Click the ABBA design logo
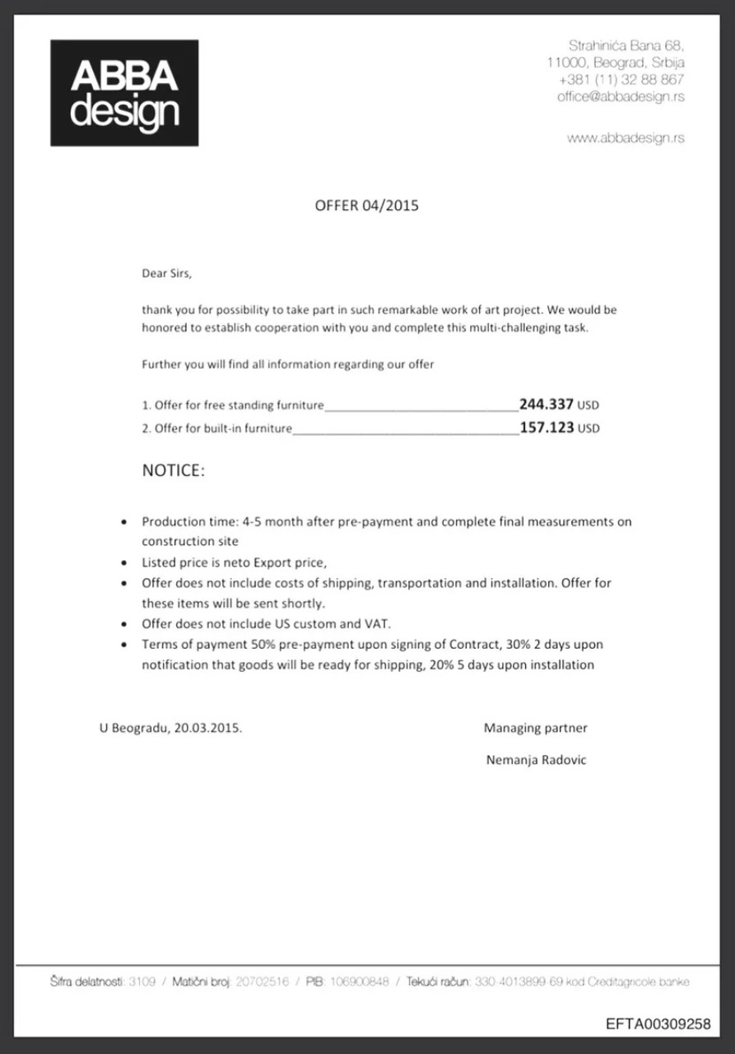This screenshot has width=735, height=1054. pos(124,93)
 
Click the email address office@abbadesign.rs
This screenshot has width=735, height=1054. pos(621,96)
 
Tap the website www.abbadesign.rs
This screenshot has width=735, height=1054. pos(626,138)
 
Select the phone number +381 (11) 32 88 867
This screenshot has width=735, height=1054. pos(621,80)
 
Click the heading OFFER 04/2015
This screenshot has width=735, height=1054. pos(367,205)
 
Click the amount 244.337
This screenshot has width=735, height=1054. pos(547,404)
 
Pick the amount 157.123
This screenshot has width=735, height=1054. pos(547,427)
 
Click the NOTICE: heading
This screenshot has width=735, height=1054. pos(173,471)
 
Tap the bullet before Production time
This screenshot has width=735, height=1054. pos(123,522)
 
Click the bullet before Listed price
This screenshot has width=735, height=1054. pos(123,563)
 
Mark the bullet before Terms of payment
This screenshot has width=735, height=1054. pos(123,645)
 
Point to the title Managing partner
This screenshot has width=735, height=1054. pos(536,728)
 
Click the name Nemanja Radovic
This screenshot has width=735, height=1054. pos(537,760)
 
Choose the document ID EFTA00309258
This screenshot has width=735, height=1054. pos(658,1024)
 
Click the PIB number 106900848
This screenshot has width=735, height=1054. pos(359,982)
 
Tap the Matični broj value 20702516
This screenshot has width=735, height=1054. pos(263,982)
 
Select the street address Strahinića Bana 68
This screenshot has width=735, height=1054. pos(626,45)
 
